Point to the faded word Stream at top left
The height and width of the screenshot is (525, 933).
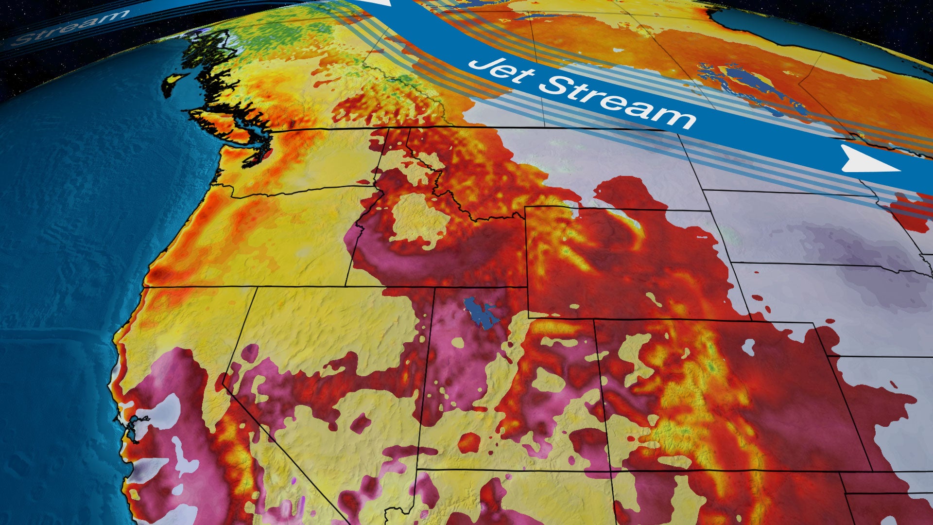68,27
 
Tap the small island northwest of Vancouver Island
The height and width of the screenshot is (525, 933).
173,85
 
